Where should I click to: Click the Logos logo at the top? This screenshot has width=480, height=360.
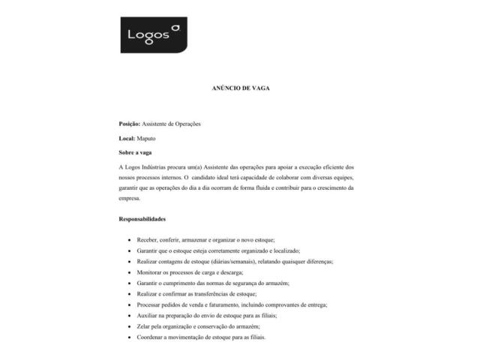(154, 35)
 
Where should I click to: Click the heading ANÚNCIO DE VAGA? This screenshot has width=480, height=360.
(240, 88)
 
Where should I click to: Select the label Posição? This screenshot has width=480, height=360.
(130, 123)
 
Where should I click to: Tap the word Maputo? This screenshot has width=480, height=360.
(148, 139)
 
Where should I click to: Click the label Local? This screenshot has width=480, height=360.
(127, 139)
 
